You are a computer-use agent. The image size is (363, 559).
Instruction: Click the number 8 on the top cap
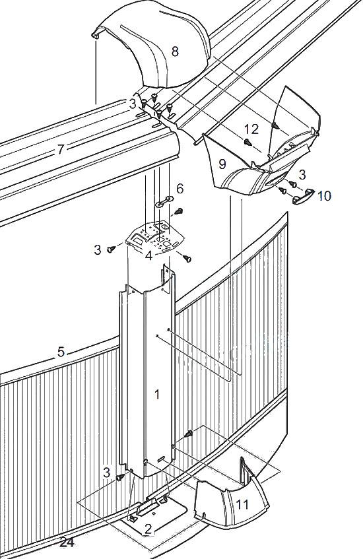[175, 51]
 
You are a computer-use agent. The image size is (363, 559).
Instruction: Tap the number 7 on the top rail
[61, 149]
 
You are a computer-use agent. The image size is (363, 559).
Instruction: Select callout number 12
[251, 129]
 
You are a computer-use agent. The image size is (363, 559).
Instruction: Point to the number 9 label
[222, 164]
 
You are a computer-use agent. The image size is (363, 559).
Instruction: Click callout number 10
[324, 195]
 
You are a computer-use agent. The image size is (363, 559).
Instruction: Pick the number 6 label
[180, 188]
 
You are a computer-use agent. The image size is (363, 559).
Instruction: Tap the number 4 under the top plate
[149, 255]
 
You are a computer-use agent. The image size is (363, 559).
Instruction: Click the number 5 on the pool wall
[61, 352]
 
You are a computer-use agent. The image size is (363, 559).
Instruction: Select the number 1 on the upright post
[157, 394]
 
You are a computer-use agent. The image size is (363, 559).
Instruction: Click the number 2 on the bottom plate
[148, 529]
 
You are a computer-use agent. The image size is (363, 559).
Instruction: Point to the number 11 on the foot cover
[242, 504]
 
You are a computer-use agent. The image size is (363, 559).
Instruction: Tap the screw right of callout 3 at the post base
[120, 477]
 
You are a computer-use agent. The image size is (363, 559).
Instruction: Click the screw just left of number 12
[247, 143]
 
